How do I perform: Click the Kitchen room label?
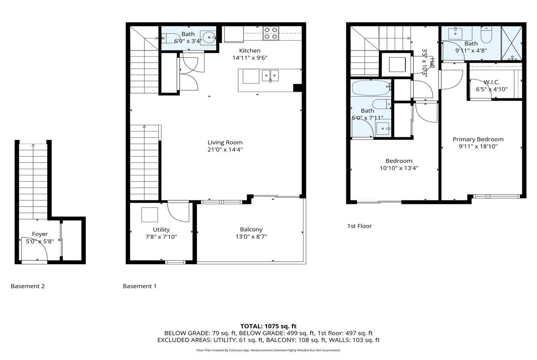(250, 51)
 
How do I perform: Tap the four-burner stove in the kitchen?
(271, 33)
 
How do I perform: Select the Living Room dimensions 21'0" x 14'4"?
(225, 150)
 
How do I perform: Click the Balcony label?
(251, 229)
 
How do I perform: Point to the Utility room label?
(161, 230)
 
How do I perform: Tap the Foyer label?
(40, 234)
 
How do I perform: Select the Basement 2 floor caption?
(28, 286)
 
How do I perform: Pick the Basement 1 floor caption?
(140, 286)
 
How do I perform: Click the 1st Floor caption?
(359, 226)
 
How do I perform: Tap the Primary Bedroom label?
(478, 139)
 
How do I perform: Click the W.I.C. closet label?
(491, 82)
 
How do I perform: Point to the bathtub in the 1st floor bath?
(371, 88)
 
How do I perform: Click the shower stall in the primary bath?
(511, 43)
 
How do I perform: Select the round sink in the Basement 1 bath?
(209, 38)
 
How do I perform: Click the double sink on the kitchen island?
(270, 76)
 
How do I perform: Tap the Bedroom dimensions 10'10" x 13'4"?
(399, 168)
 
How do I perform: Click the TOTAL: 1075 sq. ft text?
(268, 326)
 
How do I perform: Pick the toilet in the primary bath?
(486, 35)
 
